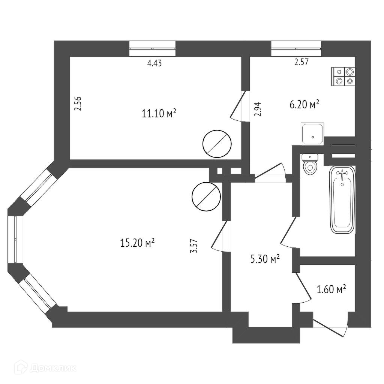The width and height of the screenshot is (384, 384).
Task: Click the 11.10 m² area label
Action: coord(159,114)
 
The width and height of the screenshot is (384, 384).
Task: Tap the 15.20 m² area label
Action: coord(138,243)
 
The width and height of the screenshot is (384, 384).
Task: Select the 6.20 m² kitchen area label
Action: coord(304,104)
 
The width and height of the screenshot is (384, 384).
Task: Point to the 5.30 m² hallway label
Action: coord(265,259)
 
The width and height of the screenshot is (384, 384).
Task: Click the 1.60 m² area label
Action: coord(331,289)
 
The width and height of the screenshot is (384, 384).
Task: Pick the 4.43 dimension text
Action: coord(154,63)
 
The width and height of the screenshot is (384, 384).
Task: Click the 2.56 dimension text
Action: coord(78,104)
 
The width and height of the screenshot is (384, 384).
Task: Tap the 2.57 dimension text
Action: coord(301,63)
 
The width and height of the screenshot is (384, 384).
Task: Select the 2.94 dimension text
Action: coord(257,109)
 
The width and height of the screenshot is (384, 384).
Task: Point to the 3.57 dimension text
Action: coord(194,246)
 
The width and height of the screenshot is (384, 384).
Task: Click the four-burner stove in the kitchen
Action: coord(343,76)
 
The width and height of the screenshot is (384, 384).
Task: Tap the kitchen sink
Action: coord(312,133)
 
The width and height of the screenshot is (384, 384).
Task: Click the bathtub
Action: coord(342,199)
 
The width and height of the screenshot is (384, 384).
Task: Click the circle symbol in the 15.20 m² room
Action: coord(206,196)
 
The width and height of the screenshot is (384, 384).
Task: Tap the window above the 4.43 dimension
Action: coord(153,48)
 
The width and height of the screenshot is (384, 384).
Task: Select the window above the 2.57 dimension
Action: coord(296,48)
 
